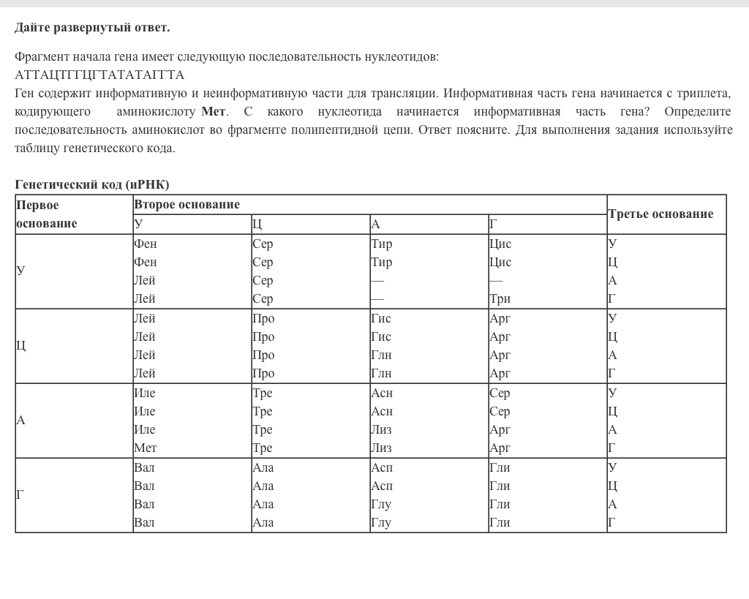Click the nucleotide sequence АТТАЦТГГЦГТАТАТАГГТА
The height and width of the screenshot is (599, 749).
[x=99, y=75]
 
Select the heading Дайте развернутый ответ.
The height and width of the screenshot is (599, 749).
[x=92, y=28]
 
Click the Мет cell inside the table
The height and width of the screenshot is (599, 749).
[x=145, y=448]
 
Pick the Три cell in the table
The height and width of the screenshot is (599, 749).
[x=500, y=298]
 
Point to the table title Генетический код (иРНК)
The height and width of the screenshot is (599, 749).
[x=91, y=184]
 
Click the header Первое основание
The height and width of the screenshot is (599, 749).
[x=46, y=214]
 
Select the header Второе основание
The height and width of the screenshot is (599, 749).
[x=187, y=205]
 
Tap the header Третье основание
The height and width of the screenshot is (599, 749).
[x=660, y=214]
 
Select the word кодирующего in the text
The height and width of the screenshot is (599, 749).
[x=53, y=111]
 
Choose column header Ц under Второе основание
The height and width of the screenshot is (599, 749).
[x=257, y=225]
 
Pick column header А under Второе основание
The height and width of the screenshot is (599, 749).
[x=375, y=225]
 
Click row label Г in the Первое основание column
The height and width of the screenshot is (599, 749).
[x=20, y=495]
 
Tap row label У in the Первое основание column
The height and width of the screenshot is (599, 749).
[x=20, y=271]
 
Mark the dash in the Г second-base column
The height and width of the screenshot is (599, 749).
[x=496, y=280]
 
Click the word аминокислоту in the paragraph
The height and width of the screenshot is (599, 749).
[x=156, y=111]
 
